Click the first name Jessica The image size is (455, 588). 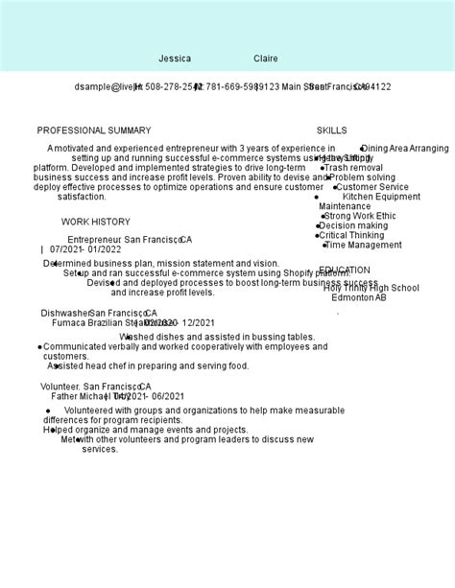tap(175, 59)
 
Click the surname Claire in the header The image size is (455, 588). tap(266, 59)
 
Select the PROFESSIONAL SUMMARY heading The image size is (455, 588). tap(94, 130)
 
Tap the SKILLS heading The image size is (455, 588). tap(332, 130)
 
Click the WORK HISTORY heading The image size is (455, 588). tap(96, 222)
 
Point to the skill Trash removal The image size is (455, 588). tap(353, 168)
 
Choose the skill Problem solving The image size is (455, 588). tap(361, 177)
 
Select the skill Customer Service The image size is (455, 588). tap(371, 187)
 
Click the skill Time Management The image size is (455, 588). tap(363, 245)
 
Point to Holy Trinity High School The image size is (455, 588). tap(371, 288)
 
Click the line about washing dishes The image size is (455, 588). tap(218, 338)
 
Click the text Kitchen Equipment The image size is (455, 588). tap(381, 197)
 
